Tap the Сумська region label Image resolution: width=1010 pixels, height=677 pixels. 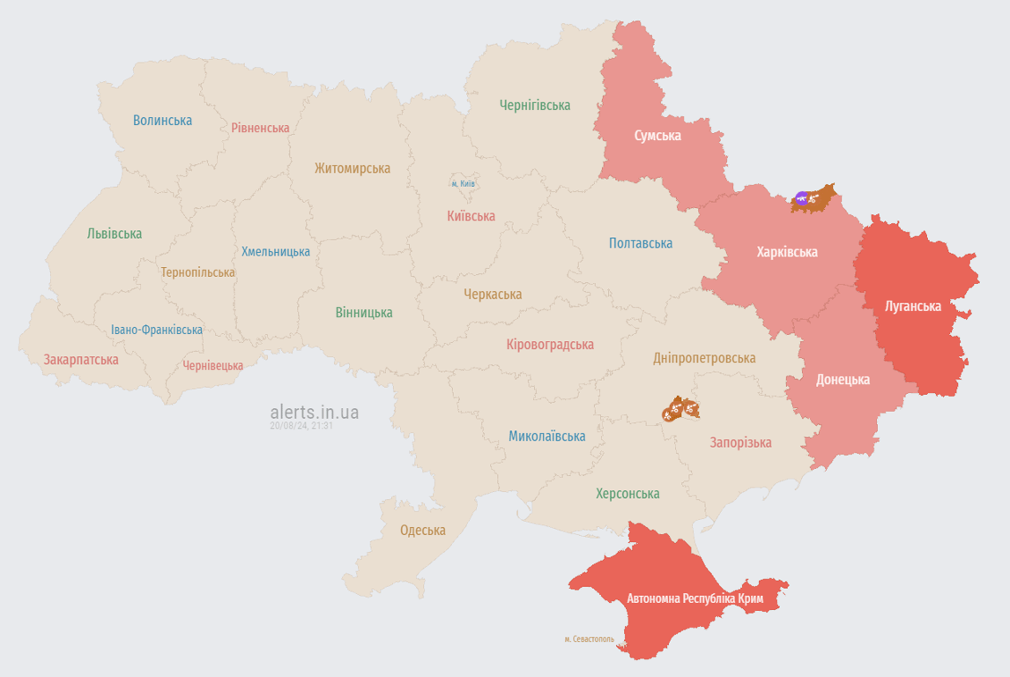click(657, 136)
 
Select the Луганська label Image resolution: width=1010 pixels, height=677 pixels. click(913, 306)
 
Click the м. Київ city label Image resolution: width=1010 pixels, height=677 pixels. click(463, 184)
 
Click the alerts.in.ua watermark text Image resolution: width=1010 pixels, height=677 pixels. click(315, 412)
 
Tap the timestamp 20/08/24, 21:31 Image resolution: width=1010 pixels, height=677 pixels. click(301, 426)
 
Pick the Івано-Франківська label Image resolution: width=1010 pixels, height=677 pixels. click(157, 330)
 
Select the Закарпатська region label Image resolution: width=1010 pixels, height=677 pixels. click(81, 360)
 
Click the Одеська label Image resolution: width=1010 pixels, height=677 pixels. click(423, 531)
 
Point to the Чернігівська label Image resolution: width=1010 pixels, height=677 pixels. click(535, 105)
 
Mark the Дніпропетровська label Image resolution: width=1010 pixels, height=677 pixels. click(704, 358)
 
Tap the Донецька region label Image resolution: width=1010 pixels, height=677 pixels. click(843, 380)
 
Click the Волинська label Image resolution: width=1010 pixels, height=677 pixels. click(163, 120)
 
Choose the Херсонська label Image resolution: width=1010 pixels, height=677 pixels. click(628, 494)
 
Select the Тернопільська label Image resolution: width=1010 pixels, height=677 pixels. click(197, 272)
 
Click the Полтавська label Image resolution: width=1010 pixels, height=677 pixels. click(641, 243)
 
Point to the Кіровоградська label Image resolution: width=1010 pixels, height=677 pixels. click(550, 345)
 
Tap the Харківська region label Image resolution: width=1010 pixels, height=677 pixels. click(787, 252)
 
